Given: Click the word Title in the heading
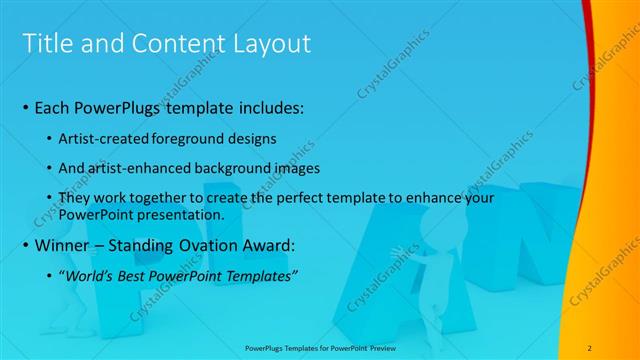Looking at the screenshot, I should [x=46, y=44].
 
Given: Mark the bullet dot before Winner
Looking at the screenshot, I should [x=25, y=245].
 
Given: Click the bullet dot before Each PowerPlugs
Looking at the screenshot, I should [x=25, y=106].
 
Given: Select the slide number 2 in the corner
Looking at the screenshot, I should [x=590, y=347].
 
